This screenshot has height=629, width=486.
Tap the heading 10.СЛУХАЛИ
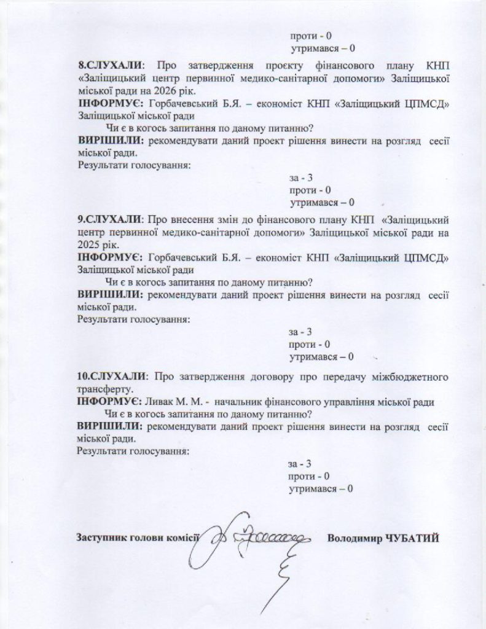point(112,376)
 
